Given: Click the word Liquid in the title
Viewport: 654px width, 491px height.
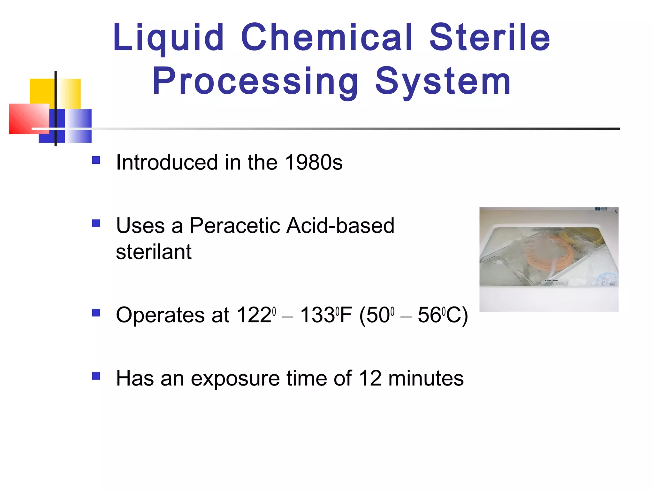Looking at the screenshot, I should coord(168,38).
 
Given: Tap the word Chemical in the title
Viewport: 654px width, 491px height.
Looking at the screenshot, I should coord(327,38).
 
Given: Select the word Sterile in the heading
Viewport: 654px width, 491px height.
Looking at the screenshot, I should coord(490,38).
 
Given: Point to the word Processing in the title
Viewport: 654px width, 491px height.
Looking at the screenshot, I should coord(255,82).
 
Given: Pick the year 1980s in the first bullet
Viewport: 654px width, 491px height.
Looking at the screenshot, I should coord(314,162).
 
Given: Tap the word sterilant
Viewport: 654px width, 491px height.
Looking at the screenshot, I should coord(154,252).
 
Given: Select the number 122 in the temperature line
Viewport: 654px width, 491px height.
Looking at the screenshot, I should coord(254,315).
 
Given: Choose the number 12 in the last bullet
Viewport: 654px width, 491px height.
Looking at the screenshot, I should coord(370,378).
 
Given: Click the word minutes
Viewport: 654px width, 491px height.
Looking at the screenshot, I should coord(426,378).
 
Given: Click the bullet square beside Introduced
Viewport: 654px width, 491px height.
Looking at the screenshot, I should coord(96,160).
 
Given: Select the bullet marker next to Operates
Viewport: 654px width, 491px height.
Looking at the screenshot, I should coord(96,312).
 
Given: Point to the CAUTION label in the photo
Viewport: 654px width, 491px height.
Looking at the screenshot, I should coord(551,281).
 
